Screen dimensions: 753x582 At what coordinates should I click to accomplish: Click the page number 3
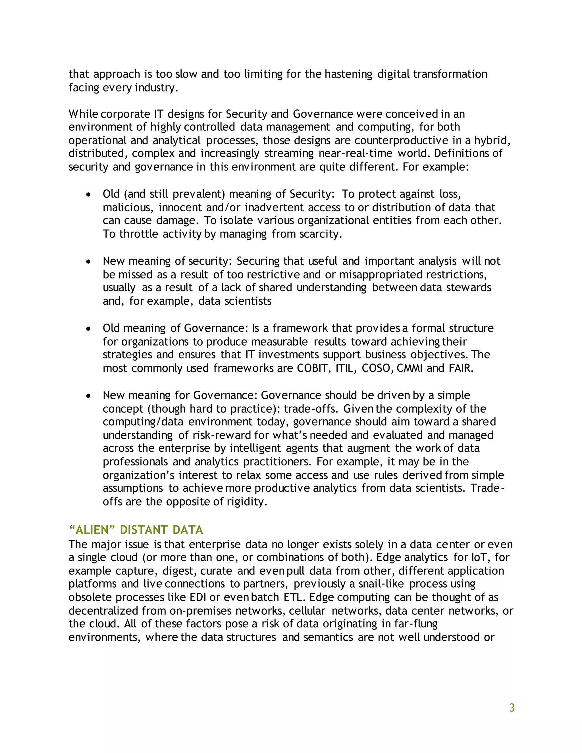pyautogui.click(x=512, y=708)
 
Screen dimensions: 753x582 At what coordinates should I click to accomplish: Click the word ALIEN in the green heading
pyautogui.click(x=92, y=530)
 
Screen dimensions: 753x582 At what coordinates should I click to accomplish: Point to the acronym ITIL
pyautogui.click(x=344, y=368)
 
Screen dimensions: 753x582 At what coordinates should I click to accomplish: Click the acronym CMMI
pyautogui.click(x=409, y=368)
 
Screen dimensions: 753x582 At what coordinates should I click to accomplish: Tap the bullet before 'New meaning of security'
pyautogui.click(x=89, y=262)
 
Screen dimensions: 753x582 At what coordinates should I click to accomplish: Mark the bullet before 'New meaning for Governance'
pyautogui.click(x=89, y=396)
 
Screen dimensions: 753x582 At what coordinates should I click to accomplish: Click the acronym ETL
pyautogui.click(x=293, y=597)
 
